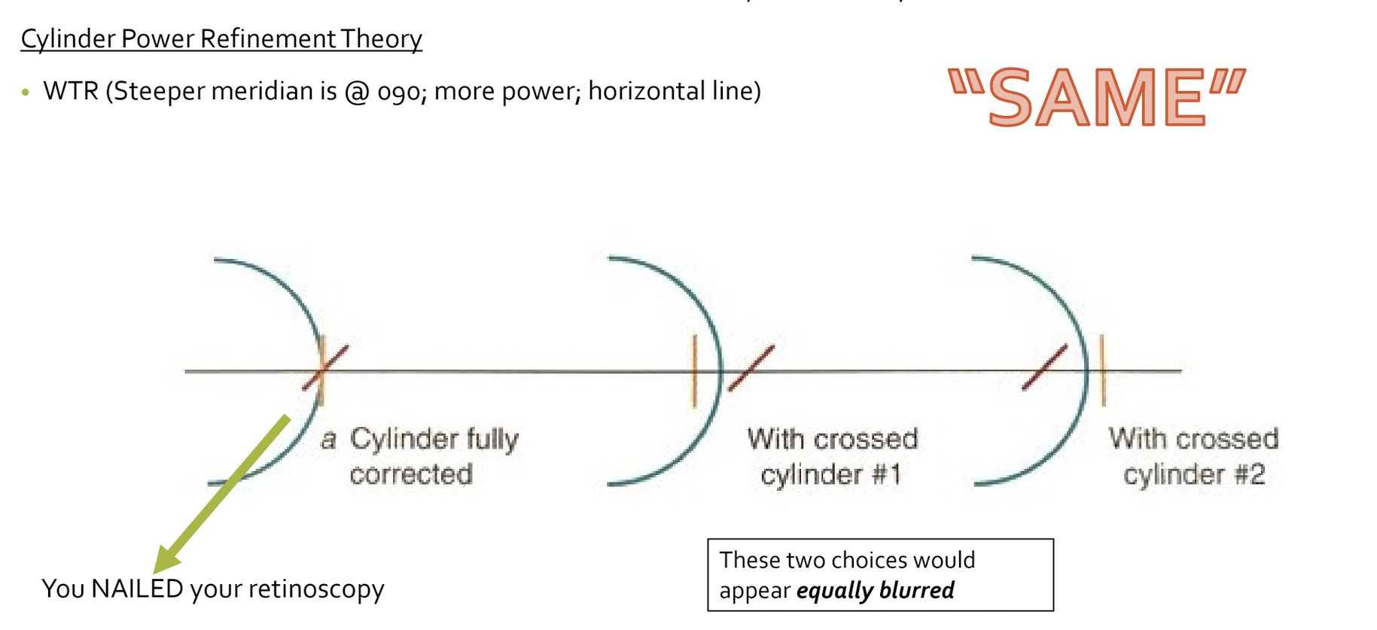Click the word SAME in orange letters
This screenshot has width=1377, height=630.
(1097, 97)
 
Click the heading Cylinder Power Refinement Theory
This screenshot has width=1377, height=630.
(221, 38)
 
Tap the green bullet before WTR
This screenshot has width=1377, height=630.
(26, 93)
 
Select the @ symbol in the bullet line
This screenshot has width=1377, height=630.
(357, 92)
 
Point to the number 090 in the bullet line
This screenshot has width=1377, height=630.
(401, 92)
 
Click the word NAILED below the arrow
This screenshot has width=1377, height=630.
(137, 589)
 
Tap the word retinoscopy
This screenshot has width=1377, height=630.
(316, 589)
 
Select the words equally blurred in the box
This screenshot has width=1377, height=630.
(875, 590)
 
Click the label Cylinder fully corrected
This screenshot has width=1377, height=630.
(433, 456)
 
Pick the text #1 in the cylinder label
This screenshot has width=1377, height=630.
(885, 475)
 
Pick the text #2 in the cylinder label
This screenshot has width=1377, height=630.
(1248, 475)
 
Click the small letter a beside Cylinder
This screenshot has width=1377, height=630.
(328, 440)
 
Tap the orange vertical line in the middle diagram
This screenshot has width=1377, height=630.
(694, 371)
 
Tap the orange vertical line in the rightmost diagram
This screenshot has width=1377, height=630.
(1103, 370)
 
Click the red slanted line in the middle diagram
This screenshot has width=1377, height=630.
(751, 368)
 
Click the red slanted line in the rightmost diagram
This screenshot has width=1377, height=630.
(1045, 367)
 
